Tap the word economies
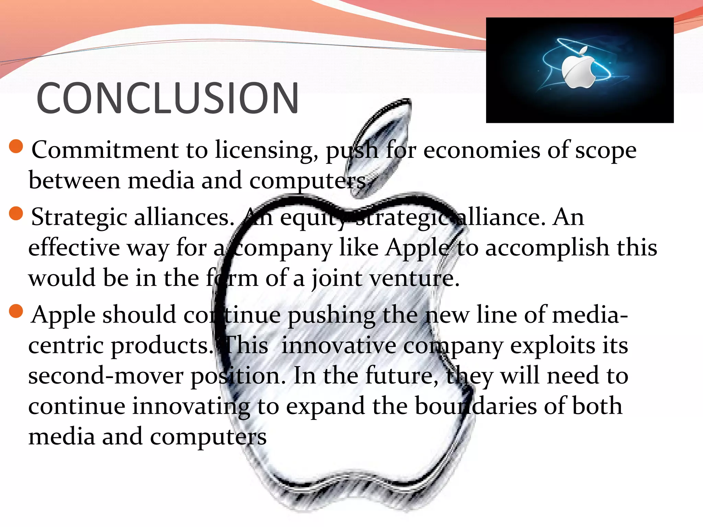pos(482,150)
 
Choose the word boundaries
pos(476,406)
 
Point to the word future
pos(401,376)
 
